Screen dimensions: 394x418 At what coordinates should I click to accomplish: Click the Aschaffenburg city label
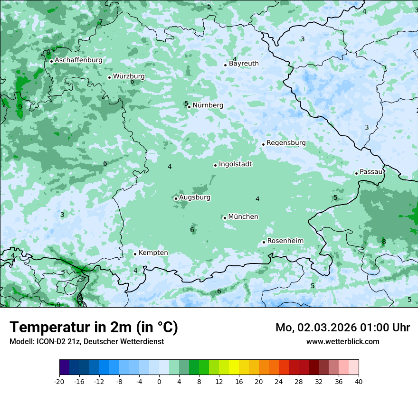pos(78,60)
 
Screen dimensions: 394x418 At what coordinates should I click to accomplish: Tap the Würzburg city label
pos(129,76)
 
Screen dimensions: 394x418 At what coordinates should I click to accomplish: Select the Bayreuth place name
pos(244,64)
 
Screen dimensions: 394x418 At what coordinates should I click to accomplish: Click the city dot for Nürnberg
pos(189,107)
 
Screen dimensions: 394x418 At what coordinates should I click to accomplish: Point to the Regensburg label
pos(286,143)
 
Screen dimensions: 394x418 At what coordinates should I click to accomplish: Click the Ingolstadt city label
pos(235,164)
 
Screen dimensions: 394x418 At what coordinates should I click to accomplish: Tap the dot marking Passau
pos(356,173)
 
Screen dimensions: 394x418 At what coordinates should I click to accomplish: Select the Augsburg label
pos(195,197)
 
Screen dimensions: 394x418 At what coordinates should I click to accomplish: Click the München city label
pos(243,217)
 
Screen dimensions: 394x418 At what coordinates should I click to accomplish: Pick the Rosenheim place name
pos(285,241)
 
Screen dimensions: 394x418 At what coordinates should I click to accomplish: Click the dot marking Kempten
pos(135,254)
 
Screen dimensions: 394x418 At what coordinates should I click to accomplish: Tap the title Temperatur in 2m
pos(94,328)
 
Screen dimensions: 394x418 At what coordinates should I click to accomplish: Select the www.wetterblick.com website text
pos(342,341)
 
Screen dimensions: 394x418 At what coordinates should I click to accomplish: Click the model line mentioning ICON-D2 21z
pos(86,341)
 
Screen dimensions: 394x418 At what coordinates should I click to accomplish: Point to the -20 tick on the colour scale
pos(59,381)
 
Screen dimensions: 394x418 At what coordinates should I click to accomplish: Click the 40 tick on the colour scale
pos(359,381)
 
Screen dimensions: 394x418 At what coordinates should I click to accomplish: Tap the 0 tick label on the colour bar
pos(159,381)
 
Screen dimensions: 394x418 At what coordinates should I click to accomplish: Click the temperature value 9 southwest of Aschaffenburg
pos(20,107)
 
